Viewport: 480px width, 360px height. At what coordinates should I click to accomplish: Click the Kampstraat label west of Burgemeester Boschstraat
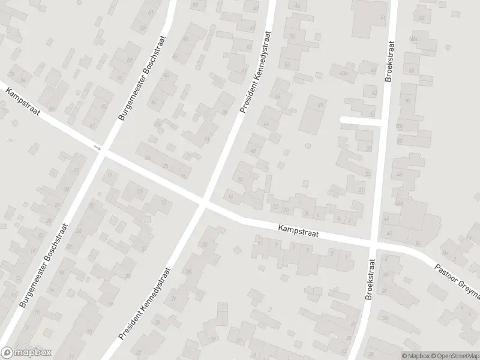pyautogui.click(x=22, y=103)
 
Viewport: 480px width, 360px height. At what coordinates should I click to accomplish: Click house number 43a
pyautogui.click(x=344, y=73)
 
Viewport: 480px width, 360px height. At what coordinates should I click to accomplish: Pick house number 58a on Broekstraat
pyautogui.click(x=412, y=39)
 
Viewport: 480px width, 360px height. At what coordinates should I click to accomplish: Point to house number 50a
pyautogui.click(x=400, y=127)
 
